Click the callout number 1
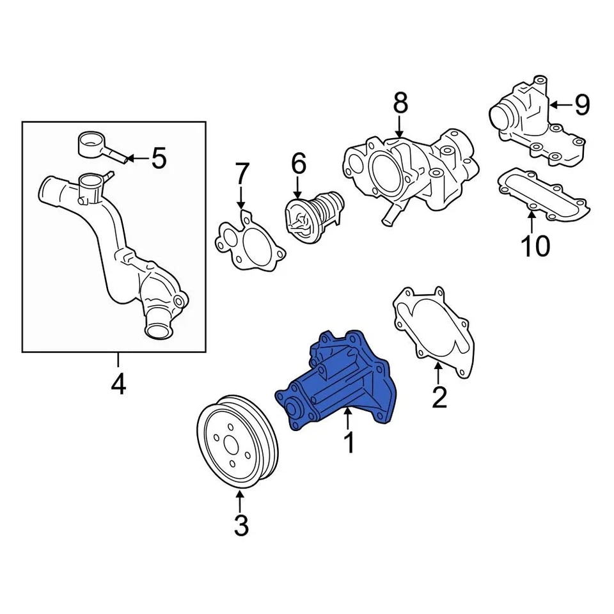point(349,442)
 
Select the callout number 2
point(438,397)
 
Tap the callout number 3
point(240,525)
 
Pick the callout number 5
point(158,157)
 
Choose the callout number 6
point(298,164)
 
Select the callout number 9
point(581,104)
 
